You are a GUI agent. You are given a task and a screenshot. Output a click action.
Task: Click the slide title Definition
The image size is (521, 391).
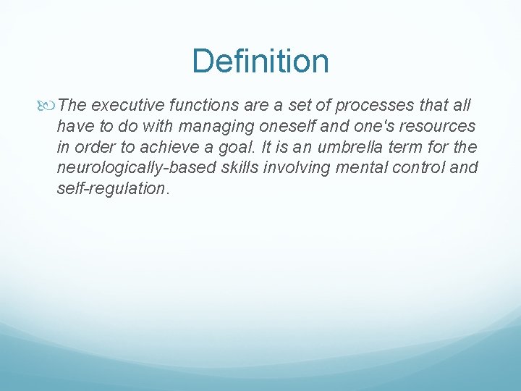(260, 61)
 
